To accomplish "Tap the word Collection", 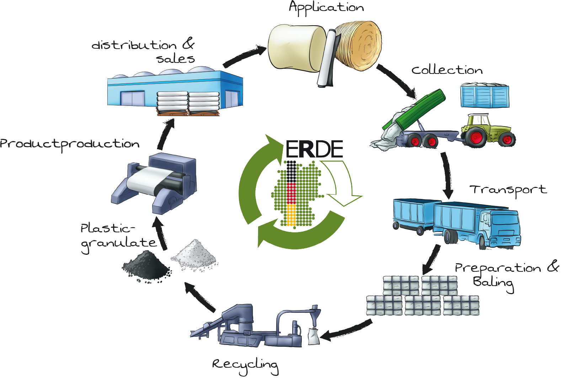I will (447, 70).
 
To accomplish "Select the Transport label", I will (508, 190).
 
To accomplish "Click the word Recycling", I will (245, 365).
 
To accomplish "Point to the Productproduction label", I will (70, 144).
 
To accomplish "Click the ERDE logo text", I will (314, 149).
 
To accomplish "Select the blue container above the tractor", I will (485, 96).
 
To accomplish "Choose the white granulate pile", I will (194, 254).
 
